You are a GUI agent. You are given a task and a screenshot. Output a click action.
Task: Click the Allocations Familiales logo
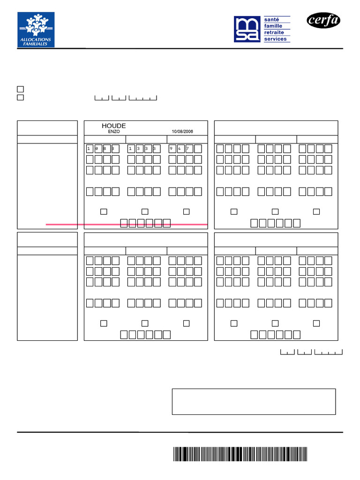click(x=36, y=30)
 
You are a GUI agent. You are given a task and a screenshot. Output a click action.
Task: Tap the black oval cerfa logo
click(x=323, y=20)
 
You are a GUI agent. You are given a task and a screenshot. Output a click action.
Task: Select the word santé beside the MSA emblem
click(x=271, y=20)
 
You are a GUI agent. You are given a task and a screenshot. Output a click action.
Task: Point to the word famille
click(x=273, y=26)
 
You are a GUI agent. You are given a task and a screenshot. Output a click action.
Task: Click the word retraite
click(x=274, y=32)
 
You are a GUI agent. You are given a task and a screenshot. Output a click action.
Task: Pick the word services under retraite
click(x=275, y=39)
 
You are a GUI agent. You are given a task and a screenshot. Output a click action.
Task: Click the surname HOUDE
click(x=114, y=126)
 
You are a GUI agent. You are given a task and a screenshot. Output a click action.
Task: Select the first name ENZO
click(x=114, y=132)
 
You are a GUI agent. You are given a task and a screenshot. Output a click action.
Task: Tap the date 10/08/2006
click(x=182, y=132)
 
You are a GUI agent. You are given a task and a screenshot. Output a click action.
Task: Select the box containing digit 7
click(x=189, y=149)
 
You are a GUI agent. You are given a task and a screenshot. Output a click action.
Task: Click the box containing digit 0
click(x=98, y=149)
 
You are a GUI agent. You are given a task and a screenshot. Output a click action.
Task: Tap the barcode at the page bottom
click(x=240, y=454)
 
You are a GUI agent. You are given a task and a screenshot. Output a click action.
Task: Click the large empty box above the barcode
click(x=254, y=401)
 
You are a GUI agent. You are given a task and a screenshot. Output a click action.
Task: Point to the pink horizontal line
click(x=127, y=225)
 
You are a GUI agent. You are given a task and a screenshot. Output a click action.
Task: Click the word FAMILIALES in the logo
click(x=36, y=44)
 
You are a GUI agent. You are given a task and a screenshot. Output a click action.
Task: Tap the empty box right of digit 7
click(x=198, y=149)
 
